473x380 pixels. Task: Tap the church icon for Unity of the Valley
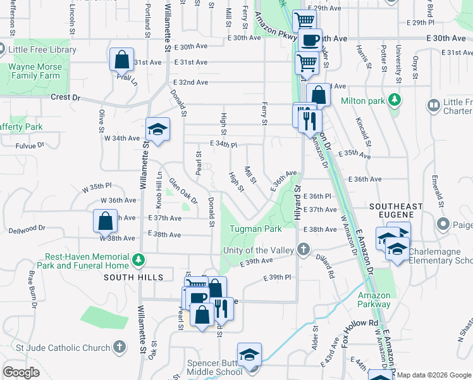pyautogui.click(x=304, y=250)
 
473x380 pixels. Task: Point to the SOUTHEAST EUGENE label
pyautogui.click(x=396, y=206)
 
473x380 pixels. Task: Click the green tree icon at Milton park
pyautogui.click(x=395, y=100)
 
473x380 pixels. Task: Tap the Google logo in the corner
pyautogui.click(x=21, y=372)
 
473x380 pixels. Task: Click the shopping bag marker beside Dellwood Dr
pyautogui.click(x=106, y=222)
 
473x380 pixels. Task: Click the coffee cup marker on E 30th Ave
pyautogui.click(x=310, y=40)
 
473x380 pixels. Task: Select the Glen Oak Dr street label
pyautogui.click(x=183, y=191)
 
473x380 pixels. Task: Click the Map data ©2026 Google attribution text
pyautogui.click(x=433, y=375)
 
